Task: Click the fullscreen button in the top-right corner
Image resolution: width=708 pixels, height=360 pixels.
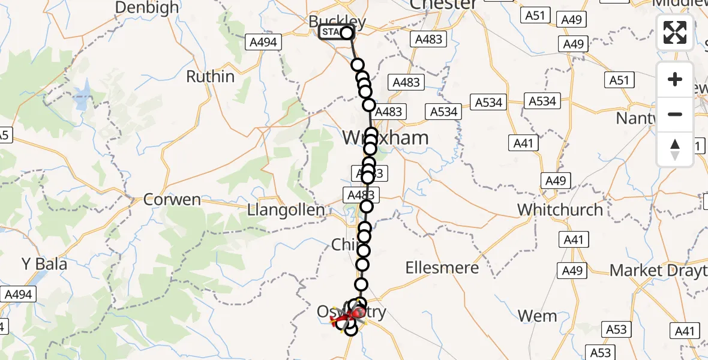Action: point(675,32)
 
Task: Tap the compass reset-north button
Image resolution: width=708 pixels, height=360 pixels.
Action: point(675,149)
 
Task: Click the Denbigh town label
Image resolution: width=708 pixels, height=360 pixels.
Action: point(146,7)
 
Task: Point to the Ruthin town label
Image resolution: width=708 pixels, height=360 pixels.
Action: point(210,77)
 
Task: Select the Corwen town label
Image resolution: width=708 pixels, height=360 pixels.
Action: point(172,200)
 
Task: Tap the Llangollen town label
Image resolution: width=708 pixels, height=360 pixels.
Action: point(286,211)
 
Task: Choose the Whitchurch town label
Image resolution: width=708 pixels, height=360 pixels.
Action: point(560,210)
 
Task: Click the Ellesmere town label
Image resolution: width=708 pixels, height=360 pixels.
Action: point(442,268)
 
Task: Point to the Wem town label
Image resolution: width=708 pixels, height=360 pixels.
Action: point(537,316)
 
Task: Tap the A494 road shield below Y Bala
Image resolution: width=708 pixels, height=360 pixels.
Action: point(19,295)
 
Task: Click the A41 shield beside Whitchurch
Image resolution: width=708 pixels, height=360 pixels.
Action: point(574,240)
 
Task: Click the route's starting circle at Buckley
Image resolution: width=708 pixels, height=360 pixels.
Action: point(347,32)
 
